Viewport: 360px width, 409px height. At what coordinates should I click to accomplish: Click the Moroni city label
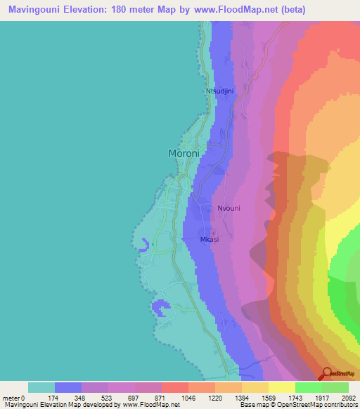click(x=186, y=153)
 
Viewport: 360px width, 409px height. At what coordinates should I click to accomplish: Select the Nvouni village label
click(x=229, y=208)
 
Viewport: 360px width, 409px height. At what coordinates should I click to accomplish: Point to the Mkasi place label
click(x=210, y=239)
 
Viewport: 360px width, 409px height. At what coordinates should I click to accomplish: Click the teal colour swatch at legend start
click(x=41, y=387)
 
